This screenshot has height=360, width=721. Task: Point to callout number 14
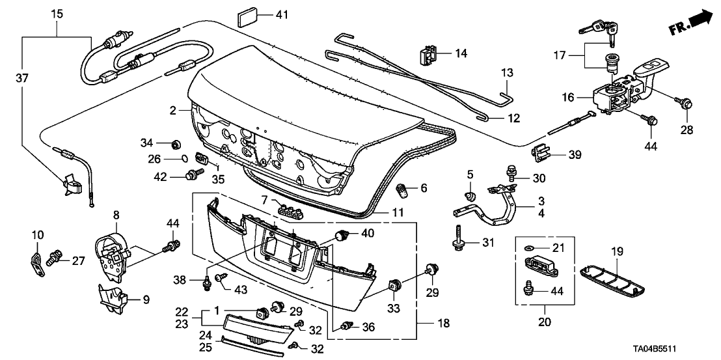(x=461, y=53)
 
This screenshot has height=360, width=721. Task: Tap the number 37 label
(x=21, y=78)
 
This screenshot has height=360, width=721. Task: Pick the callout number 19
(x=616, y=251)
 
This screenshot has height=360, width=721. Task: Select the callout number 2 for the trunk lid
(x=173, y=111)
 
